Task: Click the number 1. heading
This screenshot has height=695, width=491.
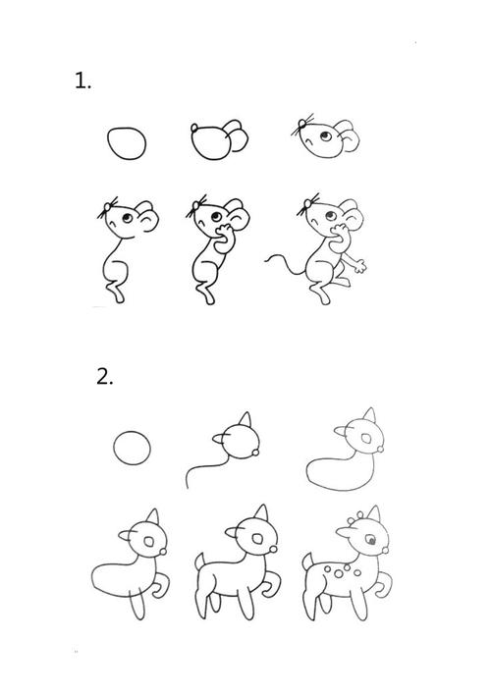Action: (x=82, y=81)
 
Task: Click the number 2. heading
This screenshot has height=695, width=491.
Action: (x=105, y=376)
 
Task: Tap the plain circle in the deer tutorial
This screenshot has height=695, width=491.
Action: (x=133, y=451)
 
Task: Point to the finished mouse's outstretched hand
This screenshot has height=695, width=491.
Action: (x=360, y=264)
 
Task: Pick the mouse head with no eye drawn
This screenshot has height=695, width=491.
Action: (x=211, y=143)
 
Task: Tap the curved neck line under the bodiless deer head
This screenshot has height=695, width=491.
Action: (x=201, y=467)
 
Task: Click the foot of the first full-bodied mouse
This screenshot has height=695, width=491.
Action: (x=118, y=294)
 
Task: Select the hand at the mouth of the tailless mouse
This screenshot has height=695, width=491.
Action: (x=225, y=234)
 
